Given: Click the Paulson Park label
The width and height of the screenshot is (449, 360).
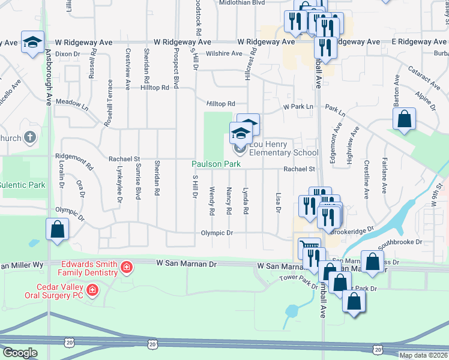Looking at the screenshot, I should pyautogui.click(x=216, y=164).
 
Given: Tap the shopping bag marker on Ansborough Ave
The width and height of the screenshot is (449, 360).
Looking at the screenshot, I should pyautogui.click(x=56, y=230).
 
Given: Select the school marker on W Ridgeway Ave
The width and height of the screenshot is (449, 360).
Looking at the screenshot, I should pyautogui.click(x=32, y=42).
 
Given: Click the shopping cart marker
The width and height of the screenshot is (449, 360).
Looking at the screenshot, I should pyautogui.click(x=309, y=247).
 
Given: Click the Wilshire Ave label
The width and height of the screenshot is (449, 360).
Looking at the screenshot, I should pyautogui.click(x=224, y=53).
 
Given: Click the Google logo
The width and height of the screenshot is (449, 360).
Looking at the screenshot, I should pyautogui.click(x=20, y=353).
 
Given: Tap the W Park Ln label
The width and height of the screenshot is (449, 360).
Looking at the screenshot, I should pyautogui.click(x=299, y=107).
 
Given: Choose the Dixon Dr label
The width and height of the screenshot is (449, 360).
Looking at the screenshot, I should pyautogui.click(x=67, y=54).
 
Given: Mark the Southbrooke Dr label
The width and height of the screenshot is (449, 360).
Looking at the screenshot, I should pyautogui.click(x=400, y=244).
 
